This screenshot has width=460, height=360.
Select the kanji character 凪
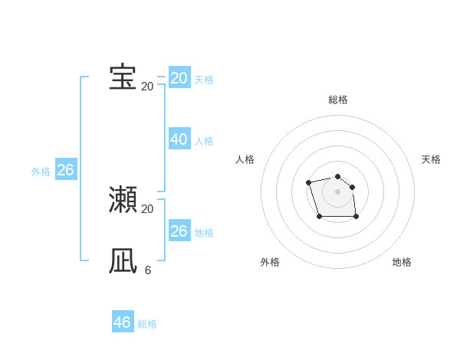tap(123, 260)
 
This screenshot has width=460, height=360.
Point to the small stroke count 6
tap(147, 270)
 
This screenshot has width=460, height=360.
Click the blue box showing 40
tap(179, 139)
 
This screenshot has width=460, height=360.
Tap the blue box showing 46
tap(122, 322)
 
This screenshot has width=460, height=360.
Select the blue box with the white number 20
tap(179, 78)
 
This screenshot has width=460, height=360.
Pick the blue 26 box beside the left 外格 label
tap(65, 170)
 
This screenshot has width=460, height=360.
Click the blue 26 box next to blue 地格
tap(179, 231)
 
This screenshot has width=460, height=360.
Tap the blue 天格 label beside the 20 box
tap(204, 80)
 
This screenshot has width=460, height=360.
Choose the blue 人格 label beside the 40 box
tap(204, 141)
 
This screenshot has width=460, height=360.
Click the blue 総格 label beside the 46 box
tap(147, 324)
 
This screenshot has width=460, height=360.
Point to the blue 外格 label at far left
tap(41, 172)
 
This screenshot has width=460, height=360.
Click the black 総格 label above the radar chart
tap(337, 100)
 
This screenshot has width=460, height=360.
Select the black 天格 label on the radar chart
tap(431, 159)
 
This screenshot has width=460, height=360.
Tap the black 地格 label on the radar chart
tap(402, 262)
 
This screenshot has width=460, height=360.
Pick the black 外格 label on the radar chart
tap(270, 262)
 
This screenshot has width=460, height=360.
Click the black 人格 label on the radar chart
tap(245, 159)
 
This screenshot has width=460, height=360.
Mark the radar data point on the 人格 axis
tap(308, 182)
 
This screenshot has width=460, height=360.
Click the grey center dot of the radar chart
tap(337, 191)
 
